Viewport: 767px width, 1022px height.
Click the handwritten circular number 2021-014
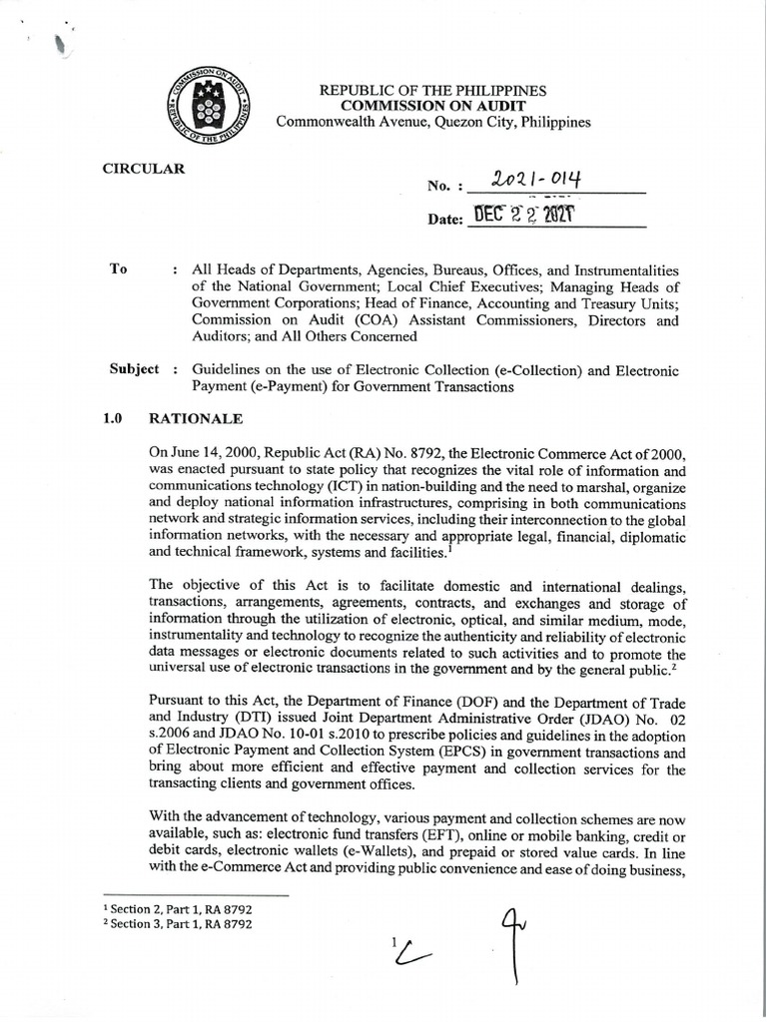point(540,180)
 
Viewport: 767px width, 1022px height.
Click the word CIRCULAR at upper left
point(145,169)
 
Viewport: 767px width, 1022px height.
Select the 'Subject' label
point(134,369)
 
